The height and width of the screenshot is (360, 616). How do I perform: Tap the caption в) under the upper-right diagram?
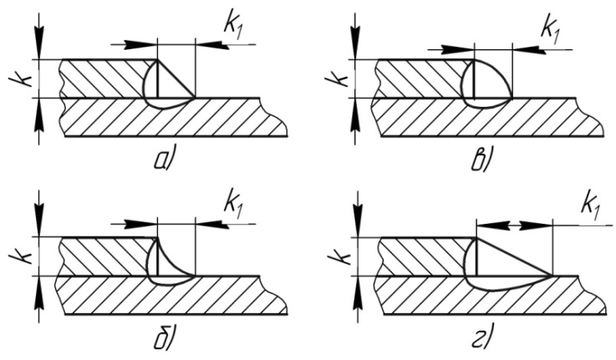(x=480, y=160)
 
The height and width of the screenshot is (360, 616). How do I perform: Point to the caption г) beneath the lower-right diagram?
(x=480, y=339)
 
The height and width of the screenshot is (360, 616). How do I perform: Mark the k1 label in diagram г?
(x=590, y=206)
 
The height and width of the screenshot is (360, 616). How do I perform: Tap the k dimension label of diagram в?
(x=338, y=79)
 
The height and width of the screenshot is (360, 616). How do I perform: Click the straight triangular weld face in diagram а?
(x=176, y=79)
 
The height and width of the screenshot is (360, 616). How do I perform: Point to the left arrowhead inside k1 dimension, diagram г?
(x=492, y=226)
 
